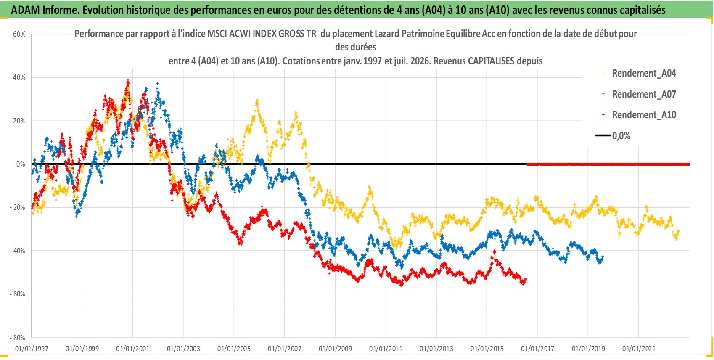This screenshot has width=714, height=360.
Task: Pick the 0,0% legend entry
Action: [613, 136]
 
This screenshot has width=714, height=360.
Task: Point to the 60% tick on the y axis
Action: [19, 34]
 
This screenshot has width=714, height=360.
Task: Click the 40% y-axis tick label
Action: [19, 77]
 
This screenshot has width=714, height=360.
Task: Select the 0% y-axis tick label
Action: [21, 164]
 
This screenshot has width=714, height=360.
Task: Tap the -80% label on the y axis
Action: [18, 337]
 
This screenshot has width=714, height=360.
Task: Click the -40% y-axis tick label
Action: [18, 251]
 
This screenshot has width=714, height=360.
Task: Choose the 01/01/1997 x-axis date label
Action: [32, 349]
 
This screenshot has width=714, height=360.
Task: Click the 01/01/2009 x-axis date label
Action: [335, 349]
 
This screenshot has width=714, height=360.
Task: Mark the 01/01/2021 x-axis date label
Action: [639, 349]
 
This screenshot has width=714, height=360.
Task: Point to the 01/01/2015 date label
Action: [487, 349]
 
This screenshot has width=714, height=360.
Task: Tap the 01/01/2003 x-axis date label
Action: [183, 349]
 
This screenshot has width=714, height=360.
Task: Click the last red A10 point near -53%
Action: [526, 279]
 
